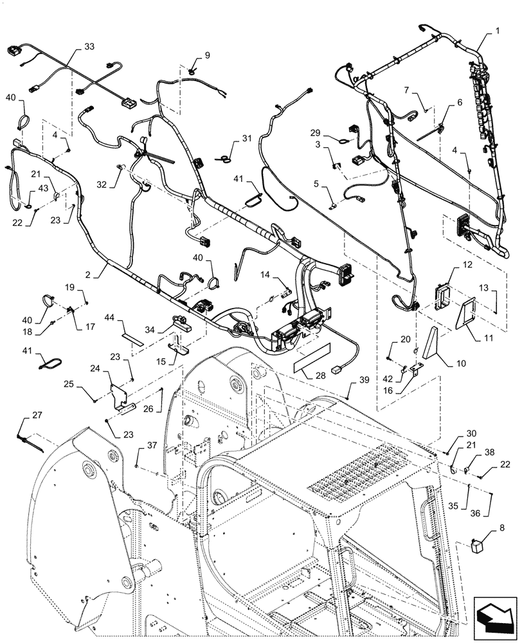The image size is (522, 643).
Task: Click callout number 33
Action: click(89, 47)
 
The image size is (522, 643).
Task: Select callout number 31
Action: click(248, 139)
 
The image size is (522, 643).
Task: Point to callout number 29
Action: click(316, 132)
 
